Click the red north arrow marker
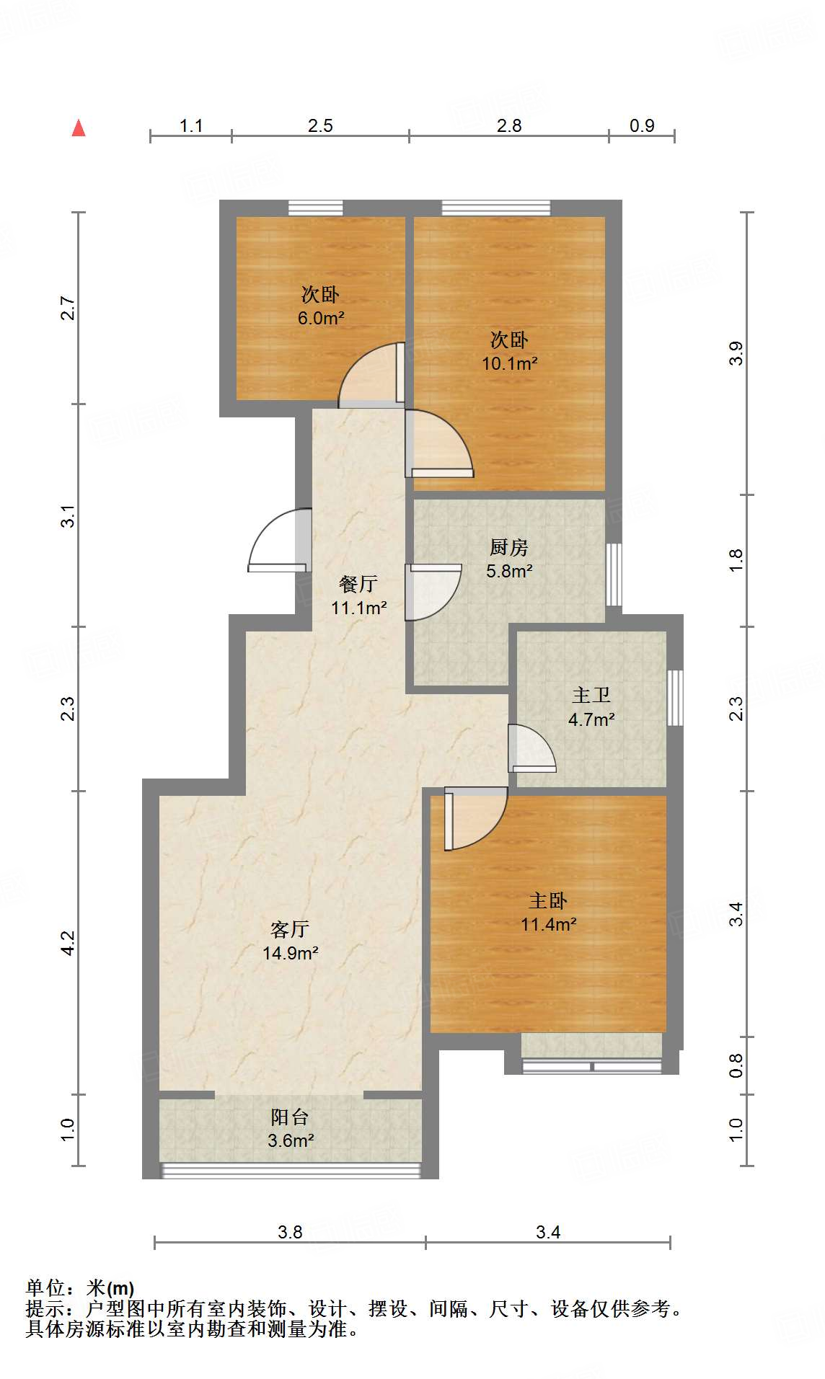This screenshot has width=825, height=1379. (x=79, y=128)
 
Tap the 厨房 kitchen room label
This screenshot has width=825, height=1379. (x=509, y=548)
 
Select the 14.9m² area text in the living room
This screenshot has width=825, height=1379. (x=291, y=953)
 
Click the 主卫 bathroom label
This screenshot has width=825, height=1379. (x=591, y=696)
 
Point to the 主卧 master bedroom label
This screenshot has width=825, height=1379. (x=548, y=901)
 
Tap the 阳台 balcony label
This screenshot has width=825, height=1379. (x=290, y=1117)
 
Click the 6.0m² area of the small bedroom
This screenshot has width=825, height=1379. (x=321, y=318)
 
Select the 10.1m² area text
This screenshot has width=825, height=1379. (x=510, y=363)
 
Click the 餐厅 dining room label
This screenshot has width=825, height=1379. (x=358, y=584)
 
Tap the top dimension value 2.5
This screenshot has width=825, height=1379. (x=320, y=126)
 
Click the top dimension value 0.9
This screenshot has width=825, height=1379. (x=642, y=126)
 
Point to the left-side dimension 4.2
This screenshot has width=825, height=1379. (x=68, y=943)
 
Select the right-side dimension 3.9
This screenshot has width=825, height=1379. (x=736, y=353)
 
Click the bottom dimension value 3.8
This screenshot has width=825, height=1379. (x=290, y=1232)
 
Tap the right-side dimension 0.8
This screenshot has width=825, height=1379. (x=736, y=1065)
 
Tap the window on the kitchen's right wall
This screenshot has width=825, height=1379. (x=614, y=575)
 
